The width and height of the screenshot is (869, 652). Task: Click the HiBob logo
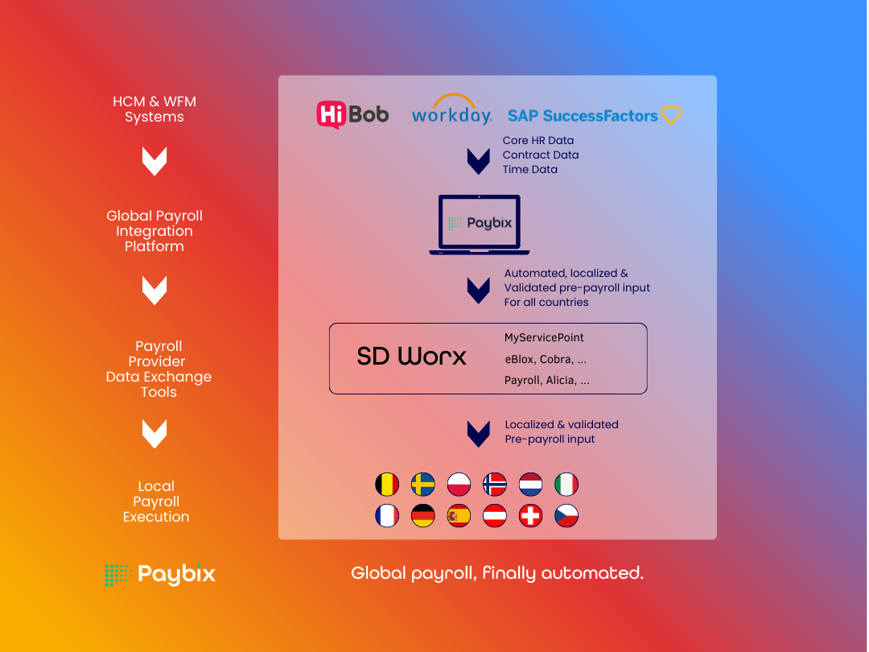pyautogui.click(x=352, y=113)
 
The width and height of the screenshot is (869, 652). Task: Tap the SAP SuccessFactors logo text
pyautogui.click(x=583, y=116)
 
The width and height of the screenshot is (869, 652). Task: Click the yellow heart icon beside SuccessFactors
pyautogui.click(x=671, y=115)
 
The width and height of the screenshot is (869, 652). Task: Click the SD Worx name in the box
pyautogui.click(x=411, y=357)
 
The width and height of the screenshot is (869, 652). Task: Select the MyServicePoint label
pyautogui.click(x=544, y=337)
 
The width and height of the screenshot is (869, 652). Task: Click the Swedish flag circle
pyautogui.click(x=423, y=485)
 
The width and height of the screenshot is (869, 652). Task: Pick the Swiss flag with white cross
pyautogui.click(x=531, y=516)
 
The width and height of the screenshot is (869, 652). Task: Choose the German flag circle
pyautogui.click(x=423, y=516)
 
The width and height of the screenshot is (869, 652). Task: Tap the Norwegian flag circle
pyautogui.click(x=495, y=485)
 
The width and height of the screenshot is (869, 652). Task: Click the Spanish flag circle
pyautogui.click(x=459, y=516)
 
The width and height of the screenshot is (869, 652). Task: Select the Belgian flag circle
pyautogui.click(x=387, y=485)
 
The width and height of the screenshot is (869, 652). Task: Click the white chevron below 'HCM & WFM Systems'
pyautogui.click(x=154, y=162)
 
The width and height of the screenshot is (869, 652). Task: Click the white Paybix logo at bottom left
pyautogui.click(x=160, y=575)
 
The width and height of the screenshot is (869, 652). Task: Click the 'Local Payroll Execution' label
pyautogui.click(x=156, y=501)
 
